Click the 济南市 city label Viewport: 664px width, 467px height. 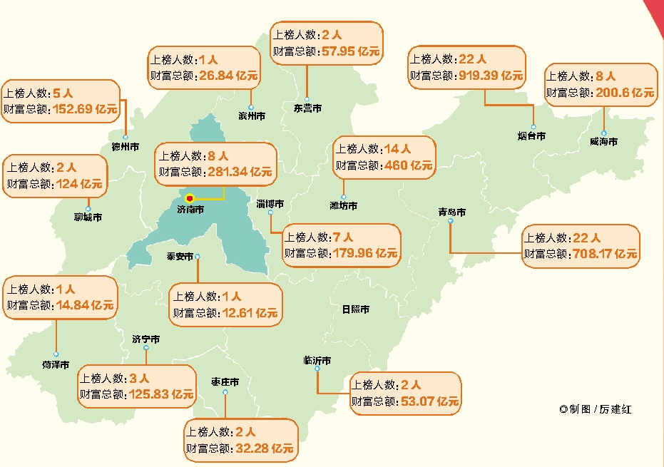pyautogui.click(x=190, y=210)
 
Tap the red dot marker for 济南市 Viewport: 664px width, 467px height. pyautogui.click(x=190, y=198)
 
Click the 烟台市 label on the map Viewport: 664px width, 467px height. pyautogui.click(x=531, y=135)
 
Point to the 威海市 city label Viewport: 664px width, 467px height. pyautogui.click(x=603, y=142)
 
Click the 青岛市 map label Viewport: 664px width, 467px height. pyautogui.click(x=451, y=212)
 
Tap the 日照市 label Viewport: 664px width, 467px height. pyautogui.click(x=355, y=309)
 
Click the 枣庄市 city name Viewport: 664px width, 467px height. pyautogui.click(x=225, y=382)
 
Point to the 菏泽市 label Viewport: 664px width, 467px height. pyautogui.click(x=56, y=364)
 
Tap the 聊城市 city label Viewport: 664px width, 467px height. pyautogui.click(x=88, y=217)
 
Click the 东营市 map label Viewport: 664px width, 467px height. pyautogui.click(x=307, y=108)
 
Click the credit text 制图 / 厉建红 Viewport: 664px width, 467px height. pyautogui.click(x=600, y=409)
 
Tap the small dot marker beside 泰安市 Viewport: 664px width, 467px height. pyautogui.click(x=198, y=257)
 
